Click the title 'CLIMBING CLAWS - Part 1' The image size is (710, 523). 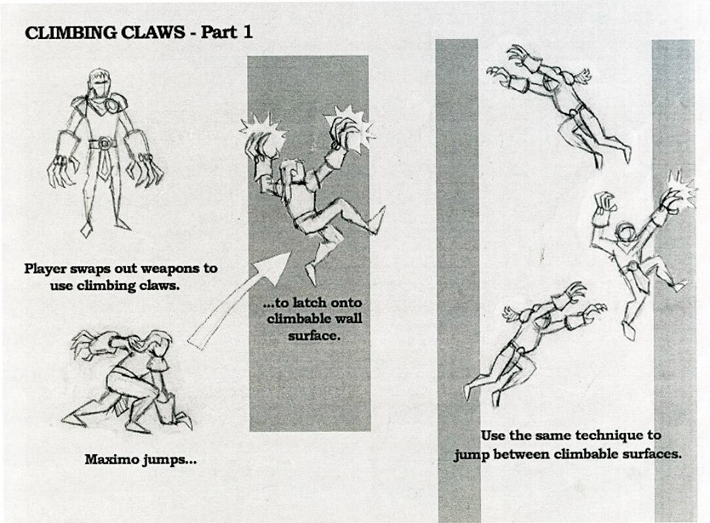coord(139,33)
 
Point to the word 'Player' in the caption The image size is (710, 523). coord(47,268)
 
